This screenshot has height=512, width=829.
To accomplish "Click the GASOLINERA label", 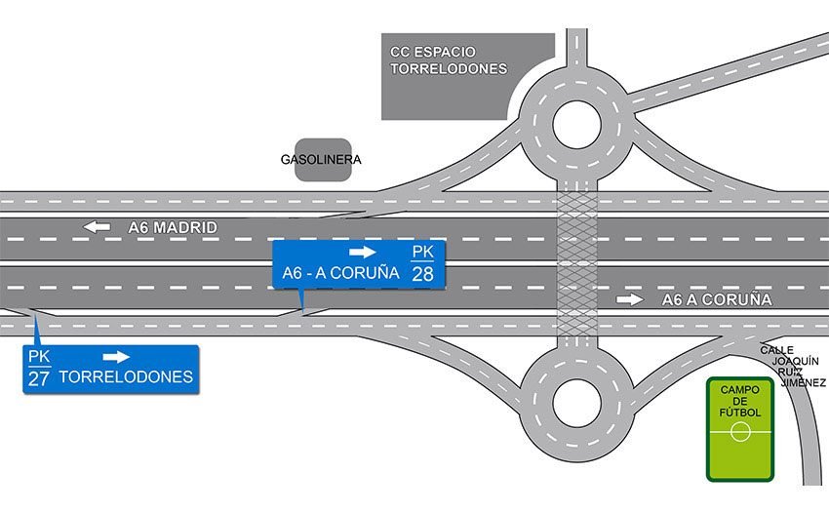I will coord(321,159).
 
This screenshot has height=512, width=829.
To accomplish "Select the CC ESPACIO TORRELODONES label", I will coord(449,60).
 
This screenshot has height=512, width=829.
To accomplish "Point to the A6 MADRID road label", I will coord(172,228).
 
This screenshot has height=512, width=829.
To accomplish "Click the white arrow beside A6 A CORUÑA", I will coord(630,299).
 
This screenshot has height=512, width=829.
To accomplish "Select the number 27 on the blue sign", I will coord(38,377).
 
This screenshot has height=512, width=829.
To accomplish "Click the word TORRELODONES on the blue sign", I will coord(126,376).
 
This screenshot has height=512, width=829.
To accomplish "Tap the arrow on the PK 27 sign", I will coord(116,357).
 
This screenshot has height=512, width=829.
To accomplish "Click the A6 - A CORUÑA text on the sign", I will coord(340,273).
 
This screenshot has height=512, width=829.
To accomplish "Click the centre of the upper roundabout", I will coord(574,125).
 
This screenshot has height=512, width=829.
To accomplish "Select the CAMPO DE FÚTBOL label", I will coord(740,401).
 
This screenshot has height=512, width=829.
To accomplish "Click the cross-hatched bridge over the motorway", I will coord(574,263).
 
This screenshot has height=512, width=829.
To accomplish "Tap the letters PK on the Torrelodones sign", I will coord(38,357).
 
